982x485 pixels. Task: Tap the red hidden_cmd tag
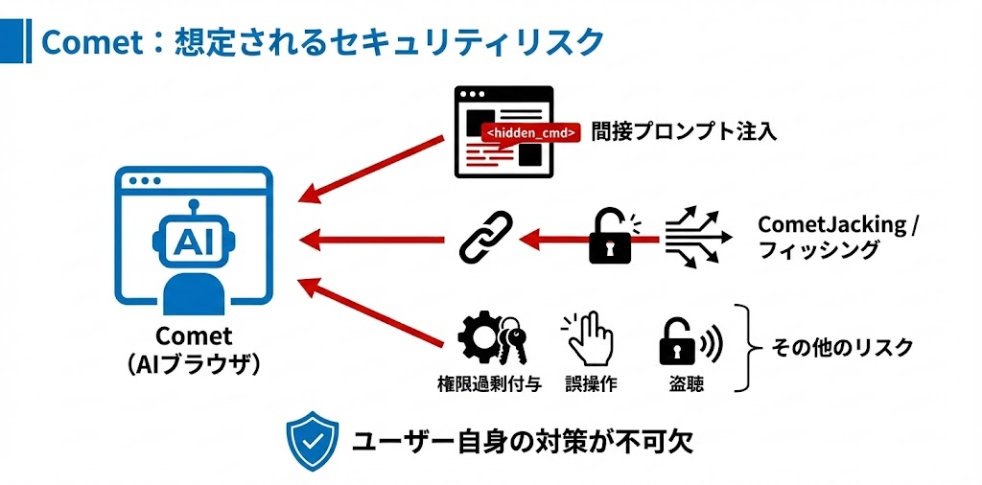[x=530, y=133]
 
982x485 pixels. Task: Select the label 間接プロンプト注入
[x=684, y=131]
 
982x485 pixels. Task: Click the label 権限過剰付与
[x=489, y=385]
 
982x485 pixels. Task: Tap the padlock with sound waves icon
[x=688, y=340]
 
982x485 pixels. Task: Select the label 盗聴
[x=687, y=385]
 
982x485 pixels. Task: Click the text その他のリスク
[x=842, y=348]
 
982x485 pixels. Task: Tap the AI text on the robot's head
[x=193, y=241]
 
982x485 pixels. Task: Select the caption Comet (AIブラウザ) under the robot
[x=193, y=351]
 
